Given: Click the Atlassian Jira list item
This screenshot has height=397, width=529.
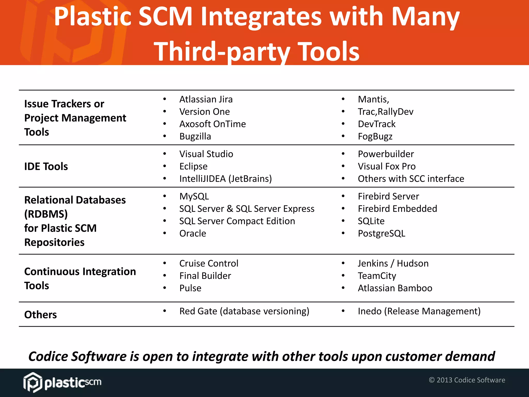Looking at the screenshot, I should [206, 99].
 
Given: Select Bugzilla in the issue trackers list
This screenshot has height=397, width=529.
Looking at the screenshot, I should [195, 136].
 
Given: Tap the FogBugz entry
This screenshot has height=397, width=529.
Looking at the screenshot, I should [375, 136].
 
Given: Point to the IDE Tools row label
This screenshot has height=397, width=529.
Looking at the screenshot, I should [46, 166].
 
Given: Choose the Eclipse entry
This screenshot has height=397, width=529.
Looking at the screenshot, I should [193, 166].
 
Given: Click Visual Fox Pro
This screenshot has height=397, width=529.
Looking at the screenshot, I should [386, 166].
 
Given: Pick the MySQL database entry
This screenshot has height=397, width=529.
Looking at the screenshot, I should [194, 196].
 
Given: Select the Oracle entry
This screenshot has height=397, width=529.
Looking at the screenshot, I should [193, 233].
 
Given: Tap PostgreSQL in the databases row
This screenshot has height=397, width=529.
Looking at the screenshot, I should [381, 233].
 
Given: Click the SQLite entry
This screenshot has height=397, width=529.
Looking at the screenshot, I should [371, 221].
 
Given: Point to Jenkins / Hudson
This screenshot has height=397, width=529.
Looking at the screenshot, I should [393, 263].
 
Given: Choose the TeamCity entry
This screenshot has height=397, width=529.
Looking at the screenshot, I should [377, 276].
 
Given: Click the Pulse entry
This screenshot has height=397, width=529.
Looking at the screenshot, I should [190, 288].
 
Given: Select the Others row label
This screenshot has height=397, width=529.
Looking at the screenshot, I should [41, 315].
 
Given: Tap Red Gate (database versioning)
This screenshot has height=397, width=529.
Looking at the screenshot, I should [244, 311].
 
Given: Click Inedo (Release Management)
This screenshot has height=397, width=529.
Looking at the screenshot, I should [419, 311].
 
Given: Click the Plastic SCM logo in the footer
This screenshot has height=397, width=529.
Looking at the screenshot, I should [62, 382].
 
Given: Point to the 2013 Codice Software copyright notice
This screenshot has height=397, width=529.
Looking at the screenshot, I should [467, 380].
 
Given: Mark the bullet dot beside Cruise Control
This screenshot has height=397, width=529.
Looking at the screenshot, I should [165, 263].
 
